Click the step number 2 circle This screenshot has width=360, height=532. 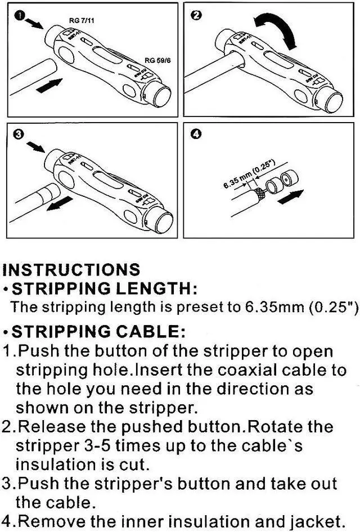coord(196,16)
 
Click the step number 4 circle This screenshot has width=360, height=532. coord(196,134)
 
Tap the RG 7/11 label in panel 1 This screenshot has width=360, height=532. coord(81,20)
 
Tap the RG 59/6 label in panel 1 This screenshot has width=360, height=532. coord(156,60)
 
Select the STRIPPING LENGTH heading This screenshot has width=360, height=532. coord(104,289)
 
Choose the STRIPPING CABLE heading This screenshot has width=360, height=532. coord(98,330)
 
